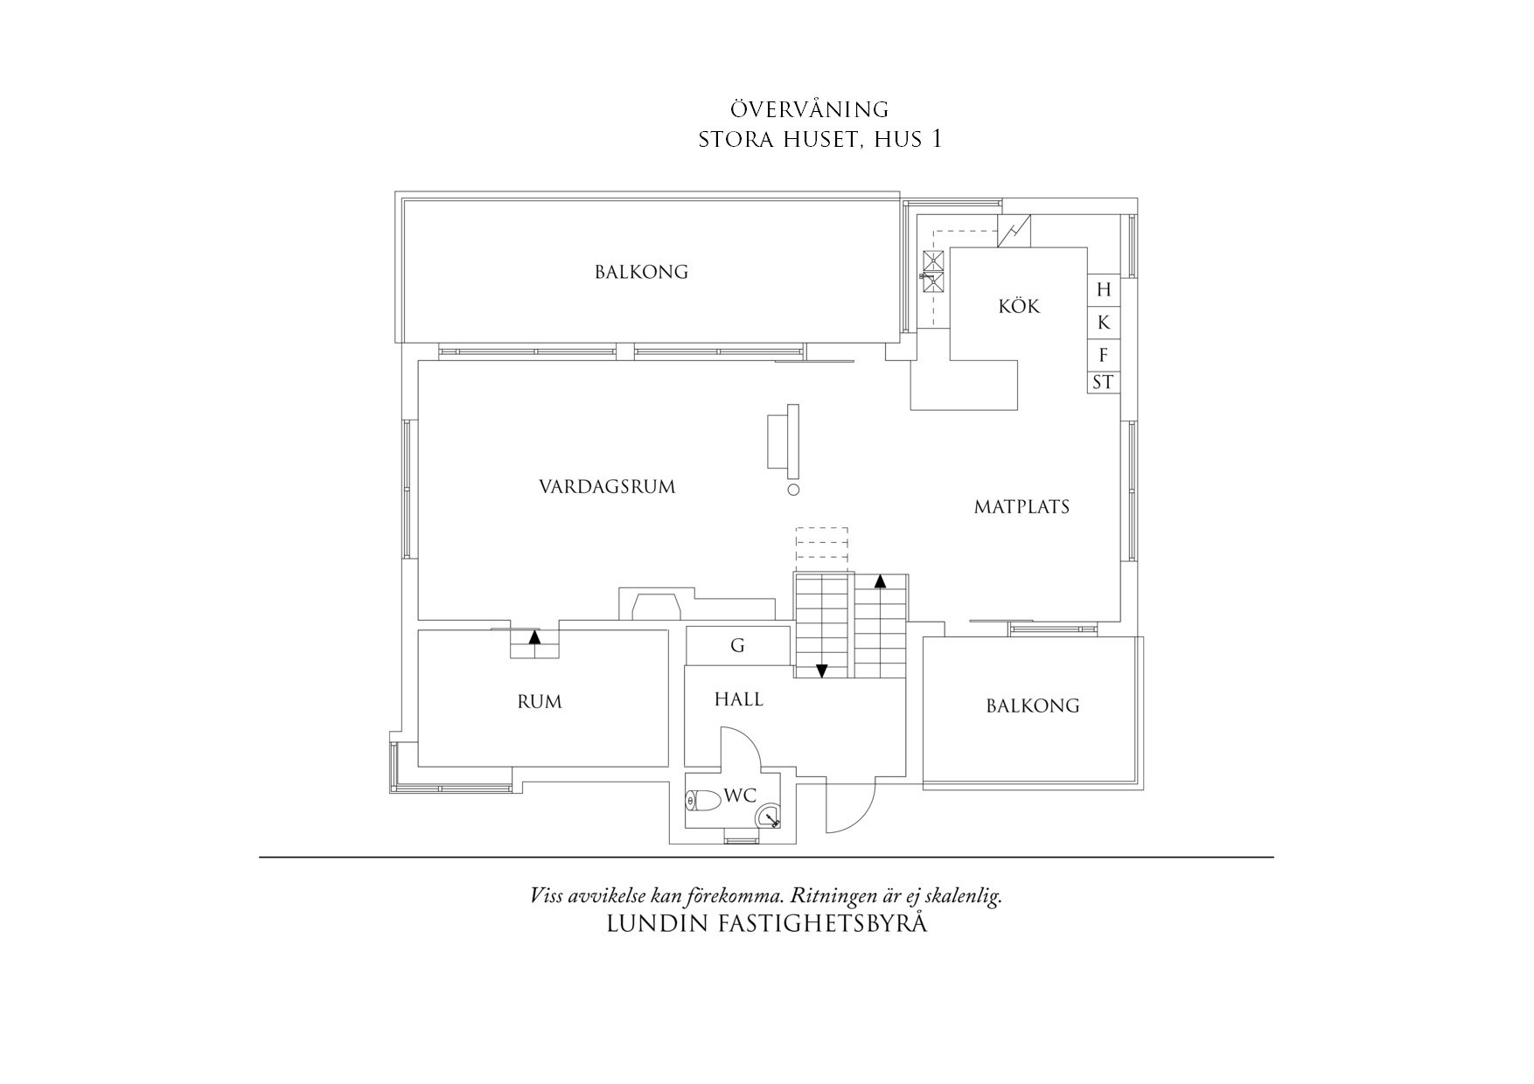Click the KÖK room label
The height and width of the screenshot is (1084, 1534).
tap(1019, 307)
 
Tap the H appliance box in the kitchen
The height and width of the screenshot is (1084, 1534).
tap(1104, 290)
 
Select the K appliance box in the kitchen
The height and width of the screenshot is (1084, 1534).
tap(1104, 323)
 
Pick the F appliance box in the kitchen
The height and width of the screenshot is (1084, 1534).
tap(1104, 355)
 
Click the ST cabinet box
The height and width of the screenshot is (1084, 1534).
tap(1104, 382)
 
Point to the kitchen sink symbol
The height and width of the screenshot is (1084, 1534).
tap(933, 270)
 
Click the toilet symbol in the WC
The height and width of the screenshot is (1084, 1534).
tap(702, 800)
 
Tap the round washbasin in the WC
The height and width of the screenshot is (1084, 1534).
tap(768, 816)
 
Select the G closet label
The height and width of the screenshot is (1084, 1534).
tap(737, 646)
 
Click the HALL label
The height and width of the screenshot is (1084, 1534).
tap(738, 699)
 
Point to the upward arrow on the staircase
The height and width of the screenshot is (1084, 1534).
tap(881, 580)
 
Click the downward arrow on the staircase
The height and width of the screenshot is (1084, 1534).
tap(822, 671)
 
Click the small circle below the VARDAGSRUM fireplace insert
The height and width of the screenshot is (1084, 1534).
tap(794, 490)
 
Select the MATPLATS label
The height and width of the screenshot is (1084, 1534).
tap(1022, 507)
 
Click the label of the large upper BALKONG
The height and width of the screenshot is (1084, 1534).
tap(641, 272)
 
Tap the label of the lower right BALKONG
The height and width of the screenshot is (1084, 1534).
tap(1032, 705)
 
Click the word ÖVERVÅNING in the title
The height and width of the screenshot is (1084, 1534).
tap(810, 110)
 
